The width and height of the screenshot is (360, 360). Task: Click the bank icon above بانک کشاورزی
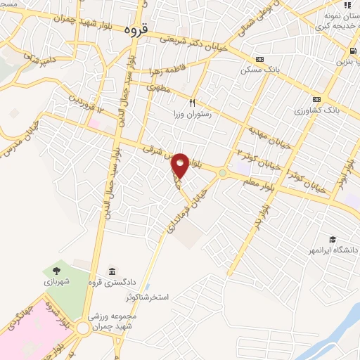[317, 99]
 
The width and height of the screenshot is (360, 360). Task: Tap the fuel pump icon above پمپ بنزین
[351, 51]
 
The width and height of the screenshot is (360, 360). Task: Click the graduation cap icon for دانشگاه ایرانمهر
[332, 239]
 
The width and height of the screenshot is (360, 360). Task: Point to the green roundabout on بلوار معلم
[223, 173]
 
